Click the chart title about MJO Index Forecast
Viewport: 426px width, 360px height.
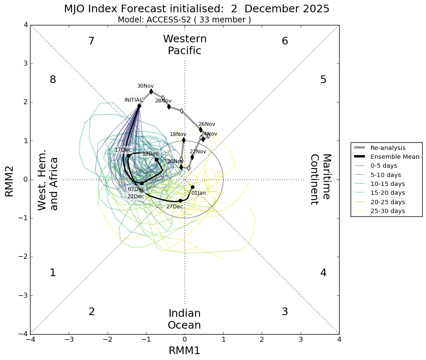click(196, 9)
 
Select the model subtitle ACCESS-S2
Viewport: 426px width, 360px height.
click(184, 19)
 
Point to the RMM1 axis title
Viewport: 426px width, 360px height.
click(184, 350)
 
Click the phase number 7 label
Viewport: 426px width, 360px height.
click(91, 41)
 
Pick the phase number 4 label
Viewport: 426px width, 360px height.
click(323, 273)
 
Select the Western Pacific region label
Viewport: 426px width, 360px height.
click(185, 45)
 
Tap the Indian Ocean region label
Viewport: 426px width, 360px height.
click(184, 319)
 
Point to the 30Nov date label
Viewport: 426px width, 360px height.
click(145, 86)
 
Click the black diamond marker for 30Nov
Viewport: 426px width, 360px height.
click(151, 91)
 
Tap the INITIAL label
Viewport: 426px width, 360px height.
click(133, 100)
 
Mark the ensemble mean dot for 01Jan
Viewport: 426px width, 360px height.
click(192, 187)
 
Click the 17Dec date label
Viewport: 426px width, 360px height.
click(123, 150)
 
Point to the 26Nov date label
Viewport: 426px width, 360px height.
click(207, 124)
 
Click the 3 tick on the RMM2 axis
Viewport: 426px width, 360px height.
click(26, 64)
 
